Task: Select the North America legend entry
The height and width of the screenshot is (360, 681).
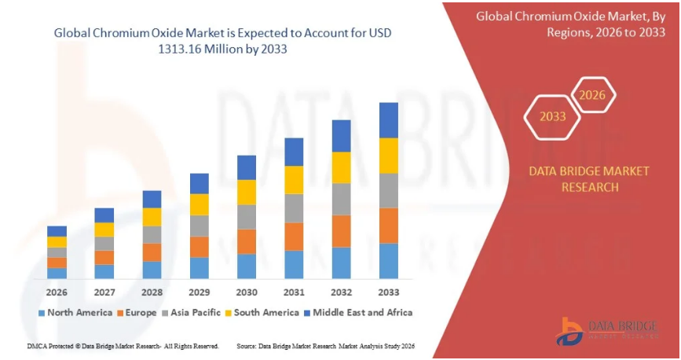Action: point(75,312)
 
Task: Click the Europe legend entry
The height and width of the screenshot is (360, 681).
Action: point(139,312)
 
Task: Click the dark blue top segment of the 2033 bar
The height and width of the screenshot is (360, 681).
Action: point(388,120)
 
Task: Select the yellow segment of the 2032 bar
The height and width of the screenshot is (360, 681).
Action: point(341,167)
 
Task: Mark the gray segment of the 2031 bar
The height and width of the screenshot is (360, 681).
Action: point(294,208)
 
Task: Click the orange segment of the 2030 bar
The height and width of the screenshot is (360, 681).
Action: point(247,241)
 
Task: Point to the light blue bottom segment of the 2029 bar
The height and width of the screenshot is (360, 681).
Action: point(200,268)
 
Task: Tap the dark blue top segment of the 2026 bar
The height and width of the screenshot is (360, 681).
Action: point(57,231)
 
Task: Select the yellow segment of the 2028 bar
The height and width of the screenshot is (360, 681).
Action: point(152,217)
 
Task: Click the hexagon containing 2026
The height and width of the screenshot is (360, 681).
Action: point(593,96)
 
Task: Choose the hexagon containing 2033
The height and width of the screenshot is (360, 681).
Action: point(553,116)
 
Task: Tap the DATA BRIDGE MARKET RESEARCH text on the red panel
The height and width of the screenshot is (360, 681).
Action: point(573,178)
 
